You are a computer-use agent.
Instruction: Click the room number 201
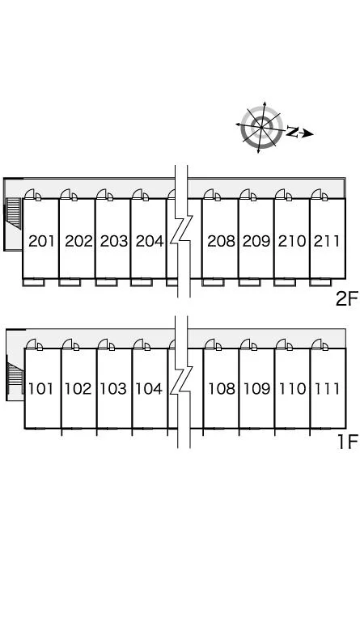41,241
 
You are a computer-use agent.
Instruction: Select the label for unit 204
150,241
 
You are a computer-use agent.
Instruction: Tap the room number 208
221,241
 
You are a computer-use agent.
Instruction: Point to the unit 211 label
327,241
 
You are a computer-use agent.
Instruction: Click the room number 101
40,388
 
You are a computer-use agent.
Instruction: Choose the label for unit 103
114,388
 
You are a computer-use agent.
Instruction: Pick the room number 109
256,388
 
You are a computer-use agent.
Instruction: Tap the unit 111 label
327,388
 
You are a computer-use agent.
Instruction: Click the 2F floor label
346,298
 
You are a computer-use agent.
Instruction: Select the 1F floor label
347,441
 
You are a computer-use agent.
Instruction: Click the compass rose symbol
261,127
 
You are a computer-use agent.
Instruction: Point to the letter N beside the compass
292,132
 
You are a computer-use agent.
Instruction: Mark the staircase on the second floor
14,213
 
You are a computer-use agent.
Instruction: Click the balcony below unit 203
106,282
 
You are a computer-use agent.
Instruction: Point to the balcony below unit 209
249,282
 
